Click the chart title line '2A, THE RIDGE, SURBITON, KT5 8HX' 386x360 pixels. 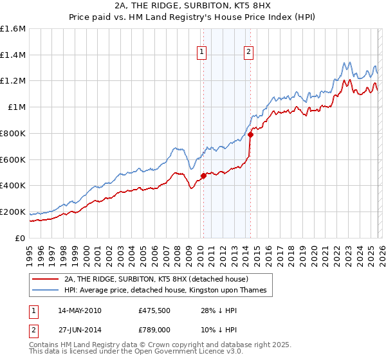click(x=192, y=6)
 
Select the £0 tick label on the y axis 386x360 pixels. click(x=21, y=238)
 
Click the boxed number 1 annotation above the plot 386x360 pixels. click(x=202, y=53)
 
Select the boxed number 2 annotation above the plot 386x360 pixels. click(x=249, y=53)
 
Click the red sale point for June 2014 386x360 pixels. click(x=250, y=134)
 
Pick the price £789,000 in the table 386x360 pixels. click(x=155, y=328)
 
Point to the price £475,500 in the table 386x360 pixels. click(x=155, y=310)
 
